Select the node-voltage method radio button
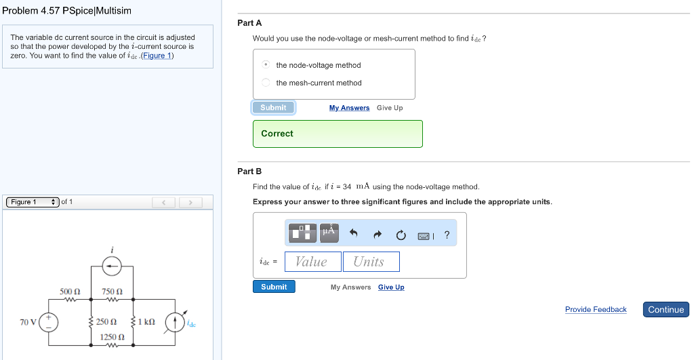266,65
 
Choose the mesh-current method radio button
266,83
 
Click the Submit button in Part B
274,287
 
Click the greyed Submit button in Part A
273,108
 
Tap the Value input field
312,262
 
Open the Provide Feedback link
596,310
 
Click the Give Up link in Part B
391,287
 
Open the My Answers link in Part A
349,108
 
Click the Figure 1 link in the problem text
157,56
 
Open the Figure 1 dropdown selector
32,202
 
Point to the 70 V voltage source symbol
48,321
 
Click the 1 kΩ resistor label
146,321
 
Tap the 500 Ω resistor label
70,292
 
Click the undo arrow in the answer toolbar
353,234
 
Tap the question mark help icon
447,235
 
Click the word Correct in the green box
277,134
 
